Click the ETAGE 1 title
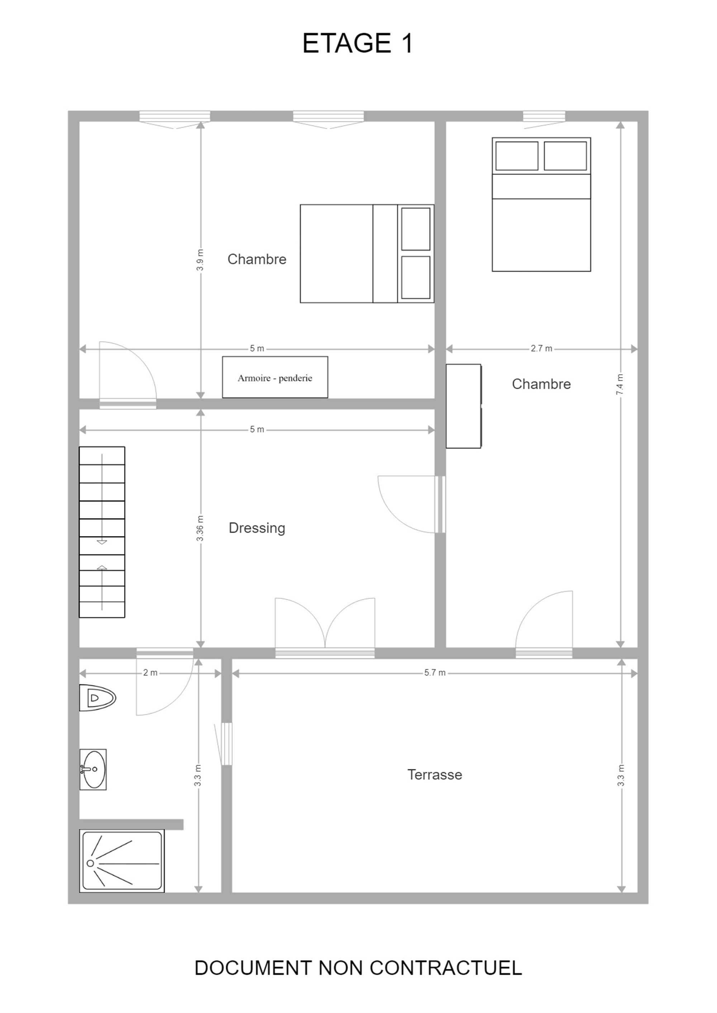tap(358, 43)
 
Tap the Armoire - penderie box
tap(275, 377)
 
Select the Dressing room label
tap(257, 528)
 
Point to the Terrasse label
tap(435, 774)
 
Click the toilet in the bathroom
tap(98, 698)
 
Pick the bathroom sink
tap(93, 769)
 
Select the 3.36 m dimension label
tap(200, 528)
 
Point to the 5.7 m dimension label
tap(435, 673)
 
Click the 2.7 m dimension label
tap(541, 349)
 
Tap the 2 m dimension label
tap(150, 673)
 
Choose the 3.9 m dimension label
tap(200, 260)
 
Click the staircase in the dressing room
tap(102, 532)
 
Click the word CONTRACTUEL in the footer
tap(446, 968)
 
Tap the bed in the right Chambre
tap(541, 204)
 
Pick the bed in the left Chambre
tap(367, 254)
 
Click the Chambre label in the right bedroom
tap(541, 384)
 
